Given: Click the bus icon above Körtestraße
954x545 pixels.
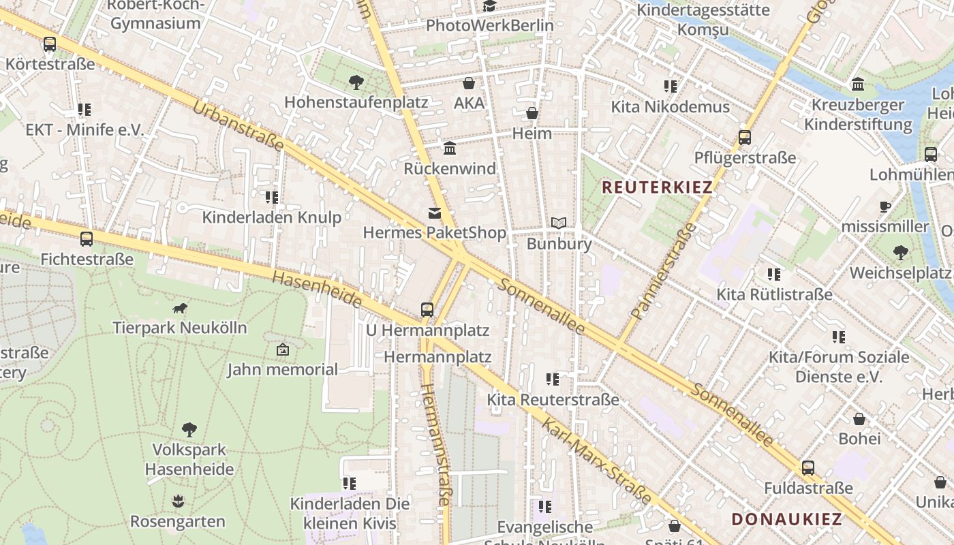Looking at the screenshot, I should pos(50,44).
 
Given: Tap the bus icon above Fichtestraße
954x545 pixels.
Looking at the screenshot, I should pos(87,239).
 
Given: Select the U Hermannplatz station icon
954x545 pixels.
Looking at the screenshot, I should pos(427,310).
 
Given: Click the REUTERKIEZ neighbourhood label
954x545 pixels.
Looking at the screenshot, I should pos(657,187).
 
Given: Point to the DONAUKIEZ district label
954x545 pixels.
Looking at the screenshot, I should pos(786,519).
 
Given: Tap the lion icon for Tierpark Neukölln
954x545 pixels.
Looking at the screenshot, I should pos(180,309).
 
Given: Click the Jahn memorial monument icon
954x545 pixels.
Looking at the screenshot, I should pos(283,350).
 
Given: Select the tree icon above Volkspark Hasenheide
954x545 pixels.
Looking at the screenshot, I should pos(189,430).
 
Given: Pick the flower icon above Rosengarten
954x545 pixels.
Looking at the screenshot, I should pos(178,502).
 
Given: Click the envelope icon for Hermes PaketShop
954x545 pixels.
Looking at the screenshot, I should pos(434,213).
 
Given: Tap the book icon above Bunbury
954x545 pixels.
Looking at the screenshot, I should pos(559,223).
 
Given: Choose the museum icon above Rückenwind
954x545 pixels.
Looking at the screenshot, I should pos(450,149).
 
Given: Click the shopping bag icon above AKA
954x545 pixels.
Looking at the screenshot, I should pos(469,84).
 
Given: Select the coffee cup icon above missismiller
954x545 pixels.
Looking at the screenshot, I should pos(885,206).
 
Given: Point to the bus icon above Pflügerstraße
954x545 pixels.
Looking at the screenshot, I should pos(745,138).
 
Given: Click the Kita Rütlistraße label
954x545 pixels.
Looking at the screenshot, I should pos(774,294).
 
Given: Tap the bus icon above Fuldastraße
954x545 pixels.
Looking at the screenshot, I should pos(808,468).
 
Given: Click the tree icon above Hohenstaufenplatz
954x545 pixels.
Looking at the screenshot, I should pos(356,83).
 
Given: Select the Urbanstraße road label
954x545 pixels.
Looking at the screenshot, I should pos(238,126).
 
